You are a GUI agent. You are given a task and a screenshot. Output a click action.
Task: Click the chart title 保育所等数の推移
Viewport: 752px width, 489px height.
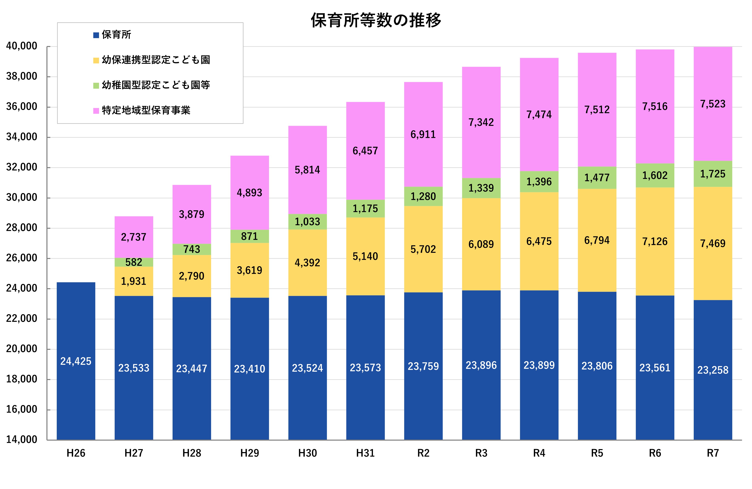point(376,21)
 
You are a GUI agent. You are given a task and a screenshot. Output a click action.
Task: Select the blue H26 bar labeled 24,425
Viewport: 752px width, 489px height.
point(76,361)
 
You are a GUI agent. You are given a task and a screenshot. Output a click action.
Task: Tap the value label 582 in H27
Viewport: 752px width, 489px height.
point(133,262)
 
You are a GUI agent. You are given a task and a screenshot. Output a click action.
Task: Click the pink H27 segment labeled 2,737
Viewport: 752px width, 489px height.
point(134,237)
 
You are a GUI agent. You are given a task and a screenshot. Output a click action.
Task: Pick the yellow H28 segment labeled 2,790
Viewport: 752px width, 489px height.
point(192,276)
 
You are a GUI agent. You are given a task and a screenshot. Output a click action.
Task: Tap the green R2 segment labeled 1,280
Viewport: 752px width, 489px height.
point(423,196)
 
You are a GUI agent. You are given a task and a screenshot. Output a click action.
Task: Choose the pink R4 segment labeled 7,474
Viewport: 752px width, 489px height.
point(539,114)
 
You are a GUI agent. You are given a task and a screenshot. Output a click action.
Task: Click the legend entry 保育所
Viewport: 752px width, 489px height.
point(116,35)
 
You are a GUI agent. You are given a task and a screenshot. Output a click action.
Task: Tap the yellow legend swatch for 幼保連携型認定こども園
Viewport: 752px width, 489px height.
point(96,60)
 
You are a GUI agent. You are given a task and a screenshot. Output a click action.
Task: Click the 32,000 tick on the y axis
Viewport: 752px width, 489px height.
point(22,167)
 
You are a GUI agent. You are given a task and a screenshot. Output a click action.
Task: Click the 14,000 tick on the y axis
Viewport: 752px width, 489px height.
point(22,439)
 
